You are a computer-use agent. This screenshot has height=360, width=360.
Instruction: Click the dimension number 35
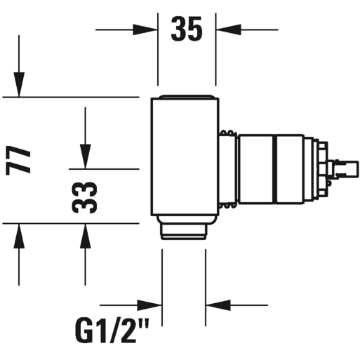(x=187, y=29)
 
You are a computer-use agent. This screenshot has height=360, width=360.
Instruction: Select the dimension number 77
(x=18, y=160)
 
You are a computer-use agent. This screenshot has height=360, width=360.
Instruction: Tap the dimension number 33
(x=84, y=198)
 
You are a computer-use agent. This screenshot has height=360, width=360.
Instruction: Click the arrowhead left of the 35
(x=145, y=30)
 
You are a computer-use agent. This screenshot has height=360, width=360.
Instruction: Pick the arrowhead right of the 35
(x=228, y=30)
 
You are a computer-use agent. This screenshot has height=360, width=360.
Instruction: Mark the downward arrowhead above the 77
(x=19, y=84)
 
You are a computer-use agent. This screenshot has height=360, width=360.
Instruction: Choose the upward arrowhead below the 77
(x=19, y=236)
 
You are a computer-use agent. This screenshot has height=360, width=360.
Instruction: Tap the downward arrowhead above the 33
(x=86, y=156)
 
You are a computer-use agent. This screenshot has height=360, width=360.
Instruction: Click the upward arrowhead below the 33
(x=86, y=236)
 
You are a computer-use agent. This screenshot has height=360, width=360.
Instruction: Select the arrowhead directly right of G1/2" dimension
(x=218, y=305)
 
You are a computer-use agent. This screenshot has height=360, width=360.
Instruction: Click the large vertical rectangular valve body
(x=185, y=156)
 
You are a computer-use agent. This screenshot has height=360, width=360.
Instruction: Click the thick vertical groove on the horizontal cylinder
(x=274, y=168)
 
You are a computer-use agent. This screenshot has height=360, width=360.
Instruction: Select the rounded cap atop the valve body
(x=185, y=96)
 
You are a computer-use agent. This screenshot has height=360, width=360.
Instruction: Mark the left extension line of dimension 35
(x=158, y=49)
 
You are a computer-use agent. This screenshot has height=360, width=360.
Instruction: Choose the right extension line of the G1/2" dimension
(x=206, y=288)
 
